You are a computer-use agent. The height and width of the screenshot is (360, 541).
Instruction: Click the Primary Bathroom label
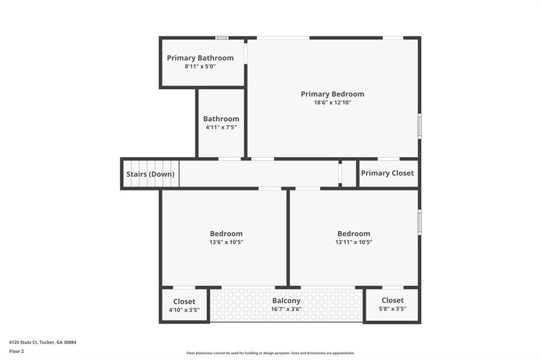[200, 58]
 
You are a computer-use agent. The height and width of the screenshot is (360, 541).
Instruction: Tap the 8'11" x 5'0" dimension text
[200, 67]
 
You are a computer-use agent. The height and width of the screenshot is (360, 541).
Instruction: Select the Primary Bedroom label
[332, 94]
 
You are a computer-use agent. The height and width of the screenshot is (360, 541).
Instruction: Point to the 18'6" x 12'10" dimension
[332, 102]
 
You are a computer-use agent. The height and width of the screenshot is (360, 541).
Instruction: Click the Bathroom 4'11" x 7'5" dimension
[221, 127]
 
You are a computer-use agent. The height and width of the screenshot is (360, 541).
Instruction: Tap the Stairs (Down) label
[150, 174]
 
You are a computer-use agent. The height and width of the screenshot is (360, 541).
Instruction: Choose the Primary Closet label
[387, 173]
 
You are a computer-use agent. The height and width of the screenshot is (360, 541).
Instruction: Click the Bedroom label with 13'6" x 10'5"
[226, 234]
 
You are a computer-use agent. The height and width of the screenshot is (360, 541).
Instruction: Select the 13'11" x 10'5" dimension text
[353, 242]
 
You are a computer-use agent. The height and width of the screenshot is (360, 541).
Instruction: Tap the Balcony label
[286, 301]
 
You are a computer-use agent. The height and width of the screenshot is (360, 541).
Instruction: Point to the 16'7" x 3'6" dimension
[286, 309]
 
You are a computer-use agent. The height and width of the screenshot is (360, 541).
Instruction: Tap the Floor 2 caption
[16, 350]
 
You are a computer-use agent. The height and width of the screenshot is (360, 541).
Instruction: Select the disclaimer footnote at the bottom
[270, 353]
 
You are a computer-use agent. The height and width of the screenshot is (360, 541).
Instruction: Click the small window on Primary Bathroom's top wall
[222, 38]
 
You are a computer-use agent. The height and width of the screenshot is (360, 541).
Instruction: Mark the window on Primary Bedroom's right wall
[419, 127]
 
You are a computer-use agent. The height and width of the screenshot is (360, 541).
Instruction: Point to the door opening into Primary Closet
[388, 159]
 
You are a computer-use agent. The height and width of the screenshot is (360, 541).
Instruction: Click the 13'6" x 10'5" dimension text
[226, 242]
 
